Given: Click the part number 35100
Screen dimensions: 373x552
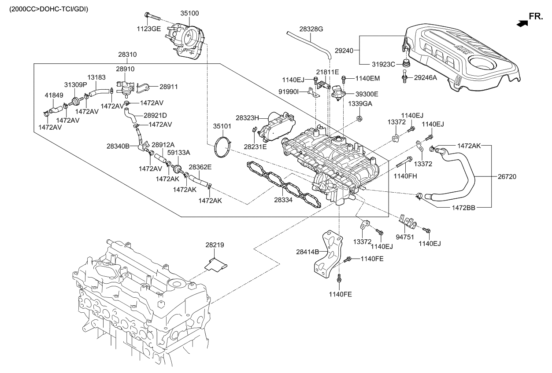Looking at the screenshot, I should point(190,14).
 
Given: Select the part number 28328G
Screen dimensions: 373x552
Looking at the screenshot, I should point(311,29).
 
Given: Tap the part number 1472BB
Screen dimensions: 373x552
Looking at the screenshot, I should point(463,207).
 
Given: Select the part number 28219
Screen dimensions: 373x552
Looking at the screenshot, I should point(214,244).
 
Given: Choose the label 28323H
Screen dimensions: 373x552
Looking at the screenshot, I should point(248,118).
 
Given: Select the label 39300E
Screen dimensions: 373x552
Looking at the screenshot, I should point(367,94).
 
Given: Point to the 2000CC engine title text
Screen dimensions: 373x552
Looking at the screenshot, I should point(45,8).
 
